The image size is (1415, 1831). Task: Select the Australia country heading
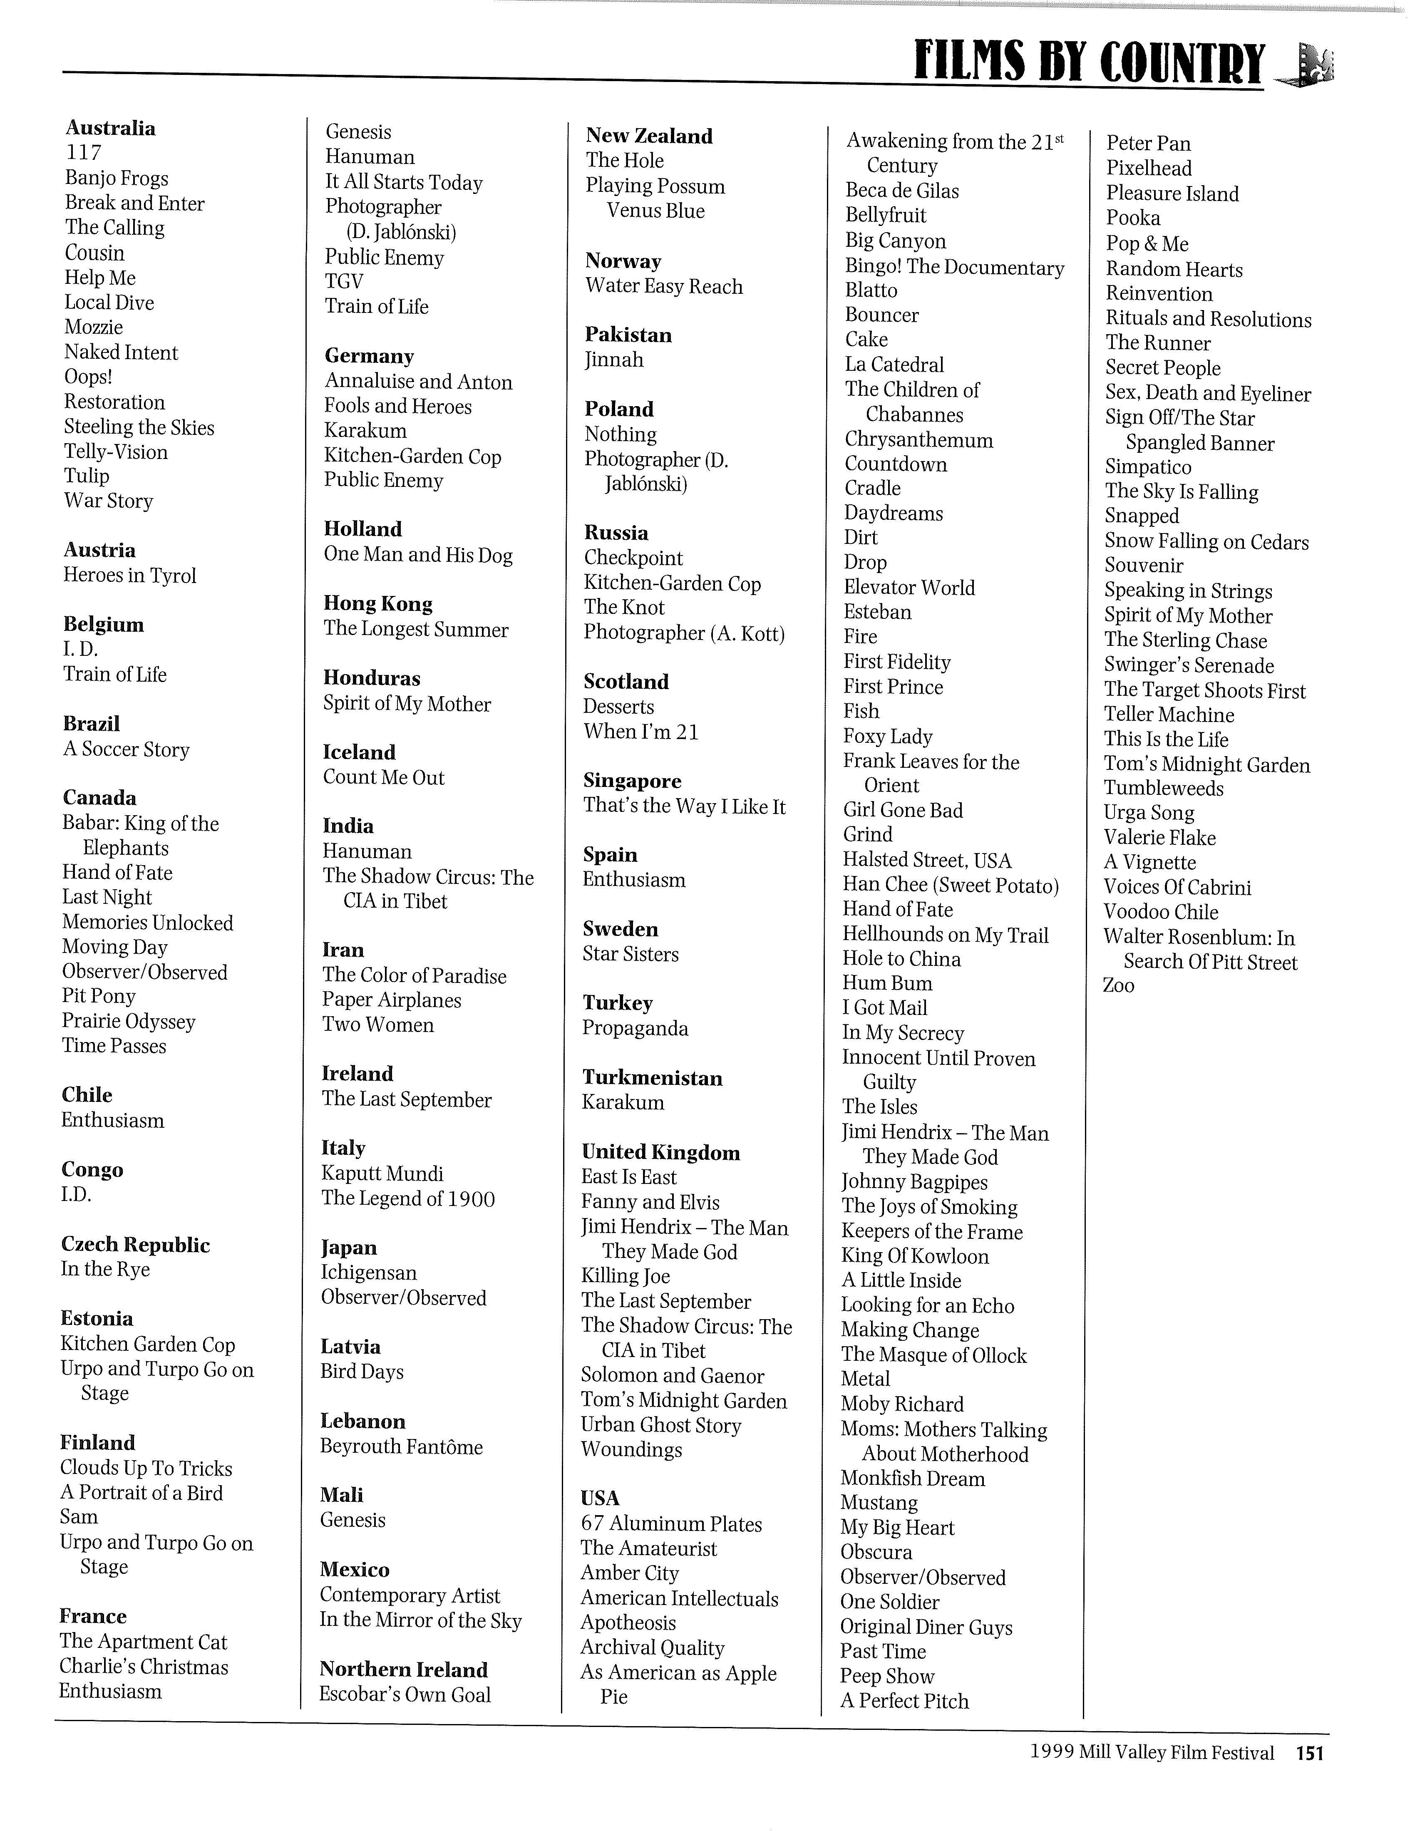pyautogui.click(x=111, y=128)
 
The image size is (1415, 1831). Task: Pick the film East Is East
pyautogui.click(x=629, y=1177)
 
